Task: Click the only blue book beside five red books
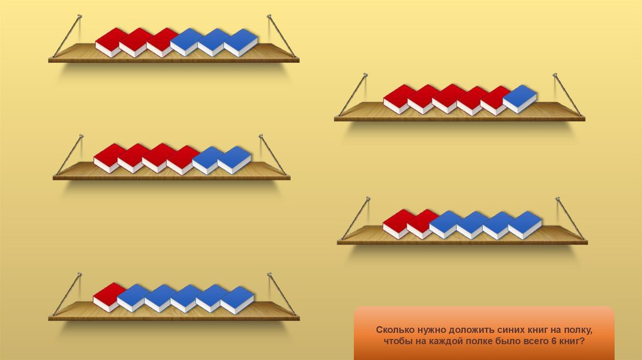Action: pyautogui.click(x=520, y=98)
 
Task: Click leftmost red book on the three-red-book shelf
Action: pyautogui.click(x=111, y=41)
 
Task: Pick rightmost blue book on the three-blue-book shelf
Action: pyautogui.click(x=241, y=42)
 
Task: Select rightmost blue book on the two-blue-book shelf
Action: pyautogui.click(x=234, y=159)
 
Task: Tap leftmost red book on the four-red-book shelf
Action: pyautogui.click(x=109, y=157)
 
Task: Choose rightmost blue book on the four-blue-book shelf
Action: pyautogui.click(x=525, y=224)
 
